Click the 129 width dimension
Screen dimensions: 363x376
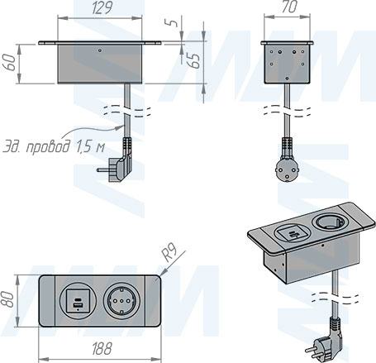click(101, 8)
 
